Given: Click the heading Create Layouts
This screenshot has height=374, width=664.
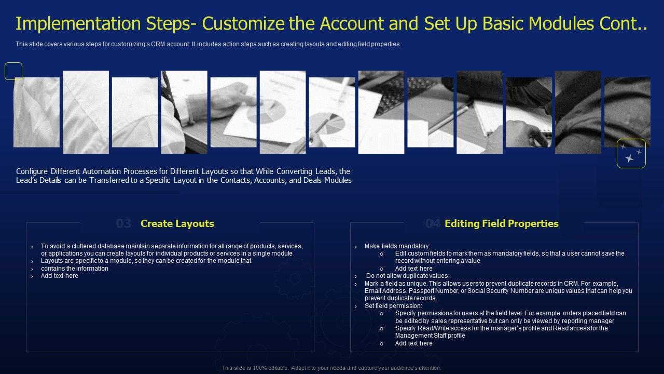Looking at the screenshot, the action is (x=177, y=223).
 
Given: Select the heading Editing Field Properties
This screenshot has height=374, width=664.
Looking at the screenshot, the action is (x=502, y=223).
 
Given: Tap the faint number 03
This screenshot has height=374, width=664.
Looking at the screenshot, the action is (x=123, y=223).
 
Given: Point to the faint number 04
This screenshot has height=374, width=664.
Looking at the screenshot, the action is (x=433, y=223).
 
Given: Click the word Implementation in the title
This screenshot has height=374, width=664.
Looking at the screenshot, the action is (x=78, y=23).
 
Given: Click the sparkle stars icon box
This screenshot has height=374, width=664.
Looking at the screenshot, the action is (x=631, y=153).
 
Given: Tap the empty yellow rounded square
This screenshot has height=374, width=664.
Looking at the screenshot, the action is (x=13, y=71).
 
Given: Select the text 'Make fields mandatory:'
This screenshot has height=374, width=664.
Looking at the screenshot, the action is (x=397, y=246).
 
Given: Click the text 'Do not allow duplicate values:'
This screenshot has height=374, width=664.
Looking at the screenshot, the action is (x=408, y=276).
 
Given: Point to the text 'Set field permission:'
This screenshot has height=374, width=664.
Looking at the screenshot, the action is (x=393, y=306).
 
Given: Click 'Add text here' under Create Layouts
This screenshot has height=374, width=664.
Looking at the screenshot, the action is (x=60, y=276).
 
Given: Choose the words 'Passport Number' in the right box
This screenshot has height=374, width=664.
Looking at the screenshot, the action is (x=434, y=291).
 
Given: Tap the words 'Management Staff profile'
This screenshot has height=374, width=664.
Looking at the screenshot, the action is (x=430, y=336).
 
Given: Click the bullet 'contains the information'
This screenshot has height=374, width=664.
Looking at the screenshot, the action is (x=75, y=269).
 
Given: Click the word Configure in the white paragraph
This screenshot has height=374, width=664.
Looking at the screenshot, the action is (x=32, y=171).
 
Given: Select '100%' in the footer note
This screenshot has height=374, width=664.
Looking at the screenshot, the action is (x=260, y=368).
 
